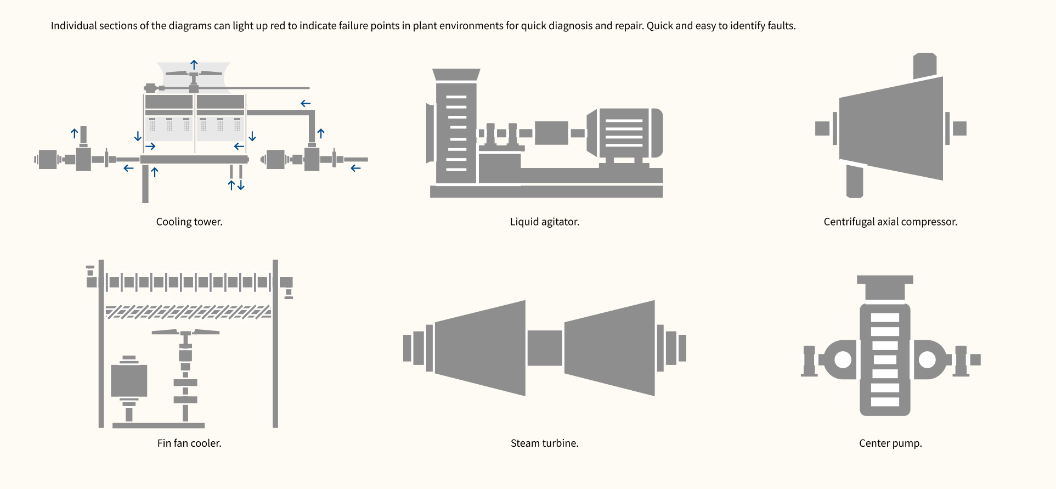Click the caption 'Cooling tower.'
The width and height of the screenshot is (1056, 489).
tap(189, 222)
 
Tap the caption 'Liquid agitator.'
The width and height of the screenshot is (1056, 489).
tap(544, 222)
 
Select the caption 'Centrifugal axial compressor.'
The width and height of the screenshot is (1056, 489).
tap(890, 222)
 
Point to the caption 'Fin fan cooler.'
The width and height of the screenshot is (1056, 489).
tap(189, 443)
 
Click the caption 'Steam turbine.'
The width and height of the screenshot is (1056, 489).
tap(544, 443)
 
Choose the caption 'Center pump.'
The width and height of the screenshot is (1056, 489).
tap(890, 443)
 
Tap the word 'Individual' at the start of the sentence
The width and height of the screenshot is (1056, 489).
tap(74, 26)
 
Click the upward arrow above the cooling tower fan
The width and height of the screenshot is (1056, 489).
tap(194, 65)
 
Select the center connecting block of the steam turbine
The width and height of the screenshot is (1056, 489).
tap(545, 348)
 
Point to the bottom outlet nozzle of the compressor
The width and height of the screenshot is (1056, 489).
tap(854, 181)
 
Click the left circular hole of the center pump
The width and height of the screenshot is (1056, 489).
tap(843, 360)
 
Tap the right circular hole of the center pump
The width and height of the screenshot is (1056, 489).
tap(927, 360)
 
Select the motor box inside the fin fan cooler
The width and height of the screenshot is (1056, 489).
tap(129, 380)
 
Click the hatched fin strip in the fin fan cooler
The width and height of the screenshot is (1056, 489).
tap(188, 312)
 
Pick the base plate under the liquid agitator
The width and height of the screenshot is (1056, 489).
tap(546, 192)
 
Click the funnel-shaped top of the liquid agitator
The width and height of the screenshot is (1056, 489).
tap(456, 75)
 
